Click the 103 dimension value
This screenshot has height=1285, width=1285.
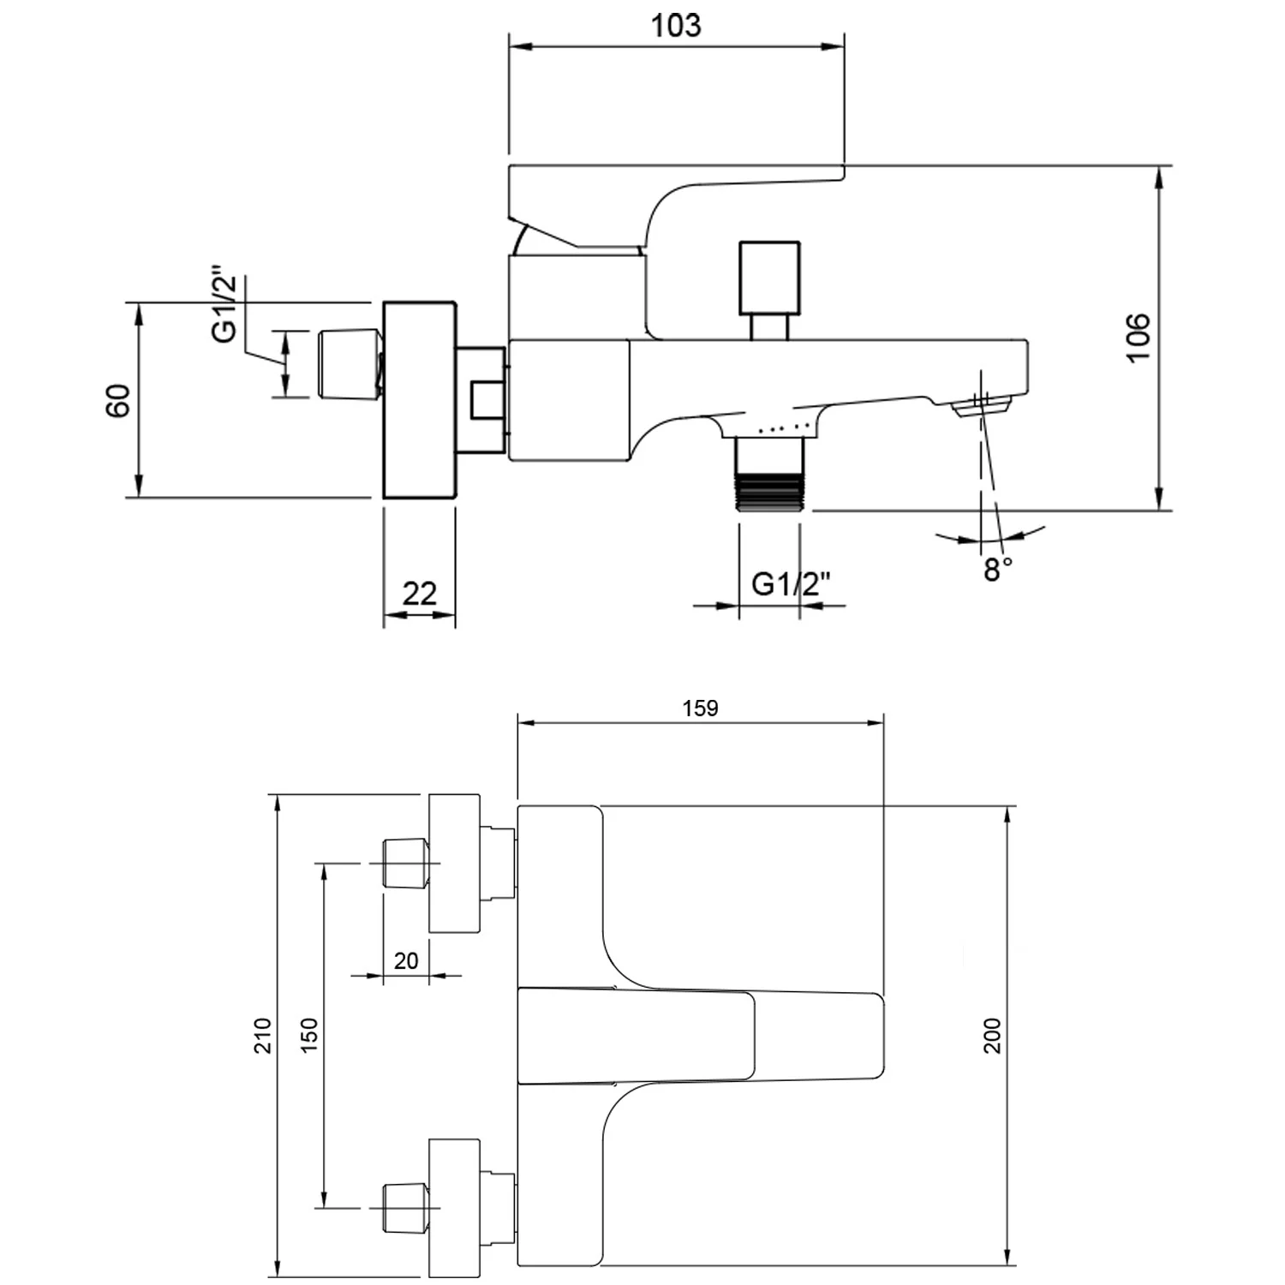point(676,26)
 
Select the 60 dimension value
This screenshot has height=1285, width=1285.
point(119,400)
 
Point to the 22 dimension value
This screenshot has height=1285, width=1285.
point(419,593)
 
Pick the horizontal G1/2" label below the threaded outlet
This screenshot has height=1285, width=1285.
point(791,584)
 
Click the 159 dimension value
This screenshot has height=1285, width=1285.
point(700,708)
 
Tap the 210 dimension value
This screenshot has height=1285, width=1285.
point(262,1035)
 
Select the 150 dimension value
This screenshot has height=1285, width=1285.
point(309,1035)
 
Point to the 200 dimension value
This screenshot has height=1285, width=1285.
point(992,1035)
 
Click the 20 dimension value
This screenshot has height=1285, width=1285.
point(406,960)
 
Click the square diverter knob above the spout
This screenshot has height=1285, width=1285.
point(769,277)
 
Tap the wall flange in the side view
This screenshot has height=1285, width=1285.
point(419,399)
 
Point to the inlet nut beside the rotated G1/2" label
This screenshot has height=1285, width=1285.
point(349,364)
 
